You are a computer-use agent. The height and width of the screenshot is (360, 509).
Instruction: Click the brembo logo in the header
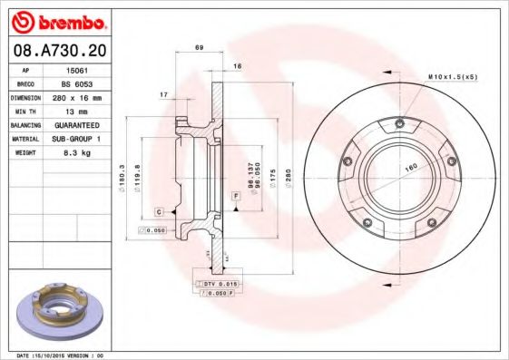(x=57, y=21)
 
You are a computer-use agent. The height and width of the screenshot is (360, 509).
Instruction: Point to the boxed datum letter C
(x=159, y=211)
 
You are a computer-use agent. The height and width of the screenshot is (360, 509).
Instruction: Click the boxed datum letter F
(x=235, y=196)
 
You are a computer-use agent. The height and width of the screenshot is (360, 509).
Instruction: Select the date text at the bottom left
(x=54, y=355)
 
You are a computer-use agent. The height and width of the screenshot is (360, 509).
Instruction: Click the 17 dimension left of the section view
(x=164, y=94)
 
